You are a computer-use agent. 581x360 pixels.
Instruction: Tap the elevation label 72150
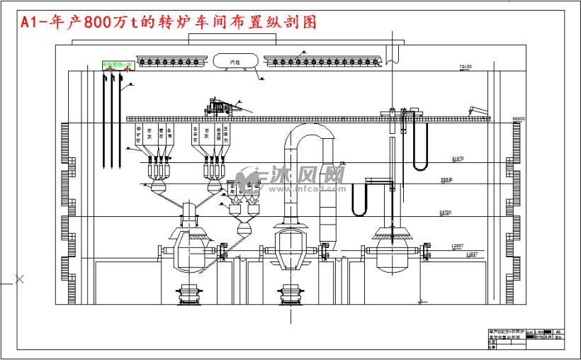click(466, 67)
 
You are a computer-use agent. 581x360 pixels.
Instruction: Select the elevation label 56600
click(518, 118)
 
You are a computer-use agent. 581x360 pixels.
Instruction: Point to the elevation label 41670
click(458, 158)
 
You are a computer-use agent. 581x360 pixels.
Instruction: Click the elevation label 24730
click(445, 211)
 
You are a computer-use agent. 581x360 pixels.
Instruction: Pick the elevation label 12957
click(458, 245)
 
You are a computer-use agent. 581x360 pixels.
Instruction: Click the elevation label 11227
click(471, 254)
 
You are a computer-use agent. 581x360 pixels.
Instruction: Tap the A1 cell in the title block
click(557, 331)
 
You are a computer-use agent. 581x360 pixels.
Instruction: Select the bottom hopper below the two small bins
click(244, 230)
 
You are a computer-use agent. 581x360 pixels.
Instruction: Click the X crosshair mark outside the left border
click(20, 279)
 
